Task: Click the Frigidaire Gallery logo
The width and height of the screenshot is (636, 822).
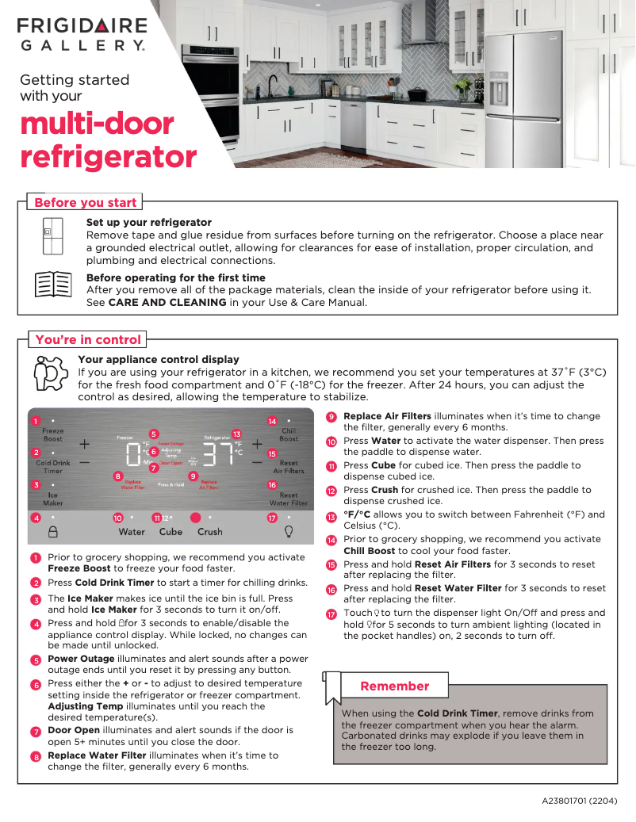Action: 82,35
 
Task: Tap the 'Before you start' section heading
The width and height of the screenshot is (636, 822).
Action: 85,202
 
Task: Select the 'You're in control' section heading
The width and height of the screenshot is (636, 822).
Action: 88,340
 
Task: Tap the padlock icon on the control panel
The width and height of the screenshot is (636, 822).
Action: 53,532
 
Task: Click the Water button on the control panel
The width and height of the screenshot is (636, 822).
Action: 132,532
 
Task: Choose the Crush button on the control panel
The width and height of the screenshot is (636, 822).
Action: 210,532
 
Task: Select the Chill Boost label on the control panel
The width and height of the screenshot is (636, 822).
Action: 289,434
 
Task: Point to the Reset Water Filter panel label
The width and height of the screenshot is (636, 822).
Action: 289,499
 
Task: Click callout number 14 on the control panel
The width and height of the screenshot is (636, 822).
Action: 272,421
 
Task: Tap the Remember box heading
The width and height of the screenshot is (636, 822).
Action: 394,686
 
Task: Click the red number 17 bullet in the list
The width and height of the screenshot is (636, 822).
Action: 331,614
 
